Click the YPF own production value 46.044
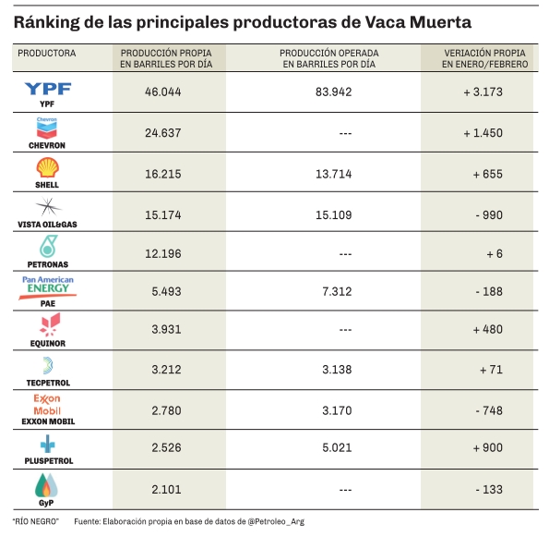click(x=162, y=92)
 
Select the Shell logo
click(x=47, y=167)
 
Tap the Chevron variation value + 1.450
click(x=483, y=133)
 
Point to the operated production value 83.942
click(x=333, y=92)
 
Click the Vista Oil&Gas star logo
click(x=48, y=207)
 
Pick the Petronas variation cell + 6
click(x=495, y=253)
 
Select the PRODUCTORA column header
click(x=46, y=54)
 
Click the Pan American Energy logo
click(x=48, y=287)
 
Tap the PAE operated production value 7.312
click(x=337, y=291)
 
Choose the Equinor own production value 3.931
click(x=166, y=329)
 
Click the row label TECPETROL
click(x=48, y=383)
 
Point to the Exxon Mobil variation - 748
click(x=489, y=410)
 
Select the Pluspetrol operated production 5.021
click(x=337, y=448)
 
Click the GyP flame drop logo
click(x=46, y=485)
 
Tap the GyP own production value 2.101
click(x=166, y=489)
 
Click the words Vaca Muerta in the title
click(x=418, y=22)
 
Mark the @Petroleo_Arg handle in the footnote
click(x=276, y=521)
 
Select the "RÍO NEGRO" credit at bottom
click(x=36, y=521)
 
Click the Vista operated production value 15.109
click(x=333, y=215)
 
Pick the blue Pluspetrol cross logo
click(x=48, y=444)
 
